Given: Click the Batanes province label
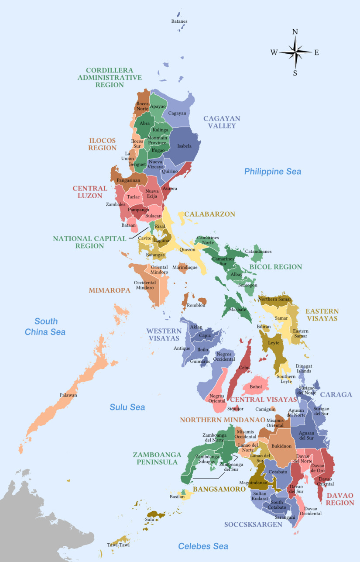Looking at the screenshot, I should tap(179, 21).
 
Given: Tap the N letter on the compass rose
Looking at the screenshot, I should tap(295, 32).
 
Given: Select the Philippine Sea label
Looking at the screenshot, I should tap(272, 172).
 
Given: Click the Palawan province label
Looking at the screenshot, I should tap(69, 395).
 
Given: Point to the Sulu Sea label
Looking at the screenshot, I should tap(127, 407).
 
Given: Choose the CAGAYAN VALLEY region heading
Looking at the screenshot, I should tap(222, 122).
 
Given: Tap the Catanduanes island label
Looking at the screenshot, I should tap(258, 252).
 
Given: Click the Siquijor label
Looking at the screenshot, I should tap(236, 409).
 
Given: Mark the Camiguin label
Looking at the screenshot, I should tap(265, 410).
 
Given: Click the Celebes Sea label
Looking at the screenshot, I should tap(203, 546).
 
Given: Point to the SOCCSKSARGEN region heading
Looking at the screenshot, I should tap(253, 524).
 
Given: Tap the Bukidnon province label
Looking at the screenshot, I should tap(281, 446).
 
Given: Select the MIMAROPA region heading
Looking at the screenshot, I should tap(110, 290).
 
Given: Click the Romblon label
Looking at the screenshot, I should tap(196, 305).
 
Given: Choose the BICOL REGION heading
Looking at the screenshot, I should tap(275, 267).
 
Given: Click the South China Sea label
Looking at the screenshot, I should tap(45, 327).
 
